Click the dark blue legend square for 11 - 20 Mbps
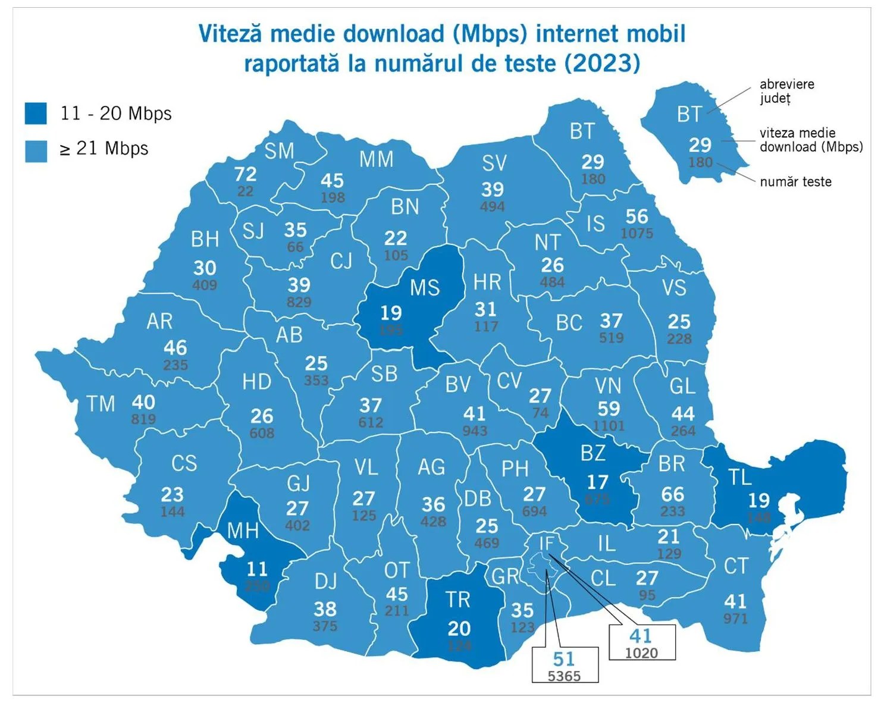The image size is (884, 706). pos(36,113)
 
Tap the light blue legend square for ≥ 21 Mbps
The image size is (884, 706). pos(36,151)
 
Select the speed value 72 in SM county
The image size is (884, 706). pos(245,174)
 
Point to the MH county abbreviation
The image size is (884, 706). pos(243,531)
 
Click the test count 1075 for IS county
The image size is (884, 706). pos(637,234)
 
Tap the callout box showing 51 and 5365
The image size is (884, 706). pos(564,664)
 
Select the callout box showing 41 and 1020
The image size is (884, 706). pos(641,642)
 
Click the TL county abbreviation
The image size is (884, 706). pos(740,477)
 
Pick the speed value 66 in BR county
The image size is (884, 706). pos(672,494)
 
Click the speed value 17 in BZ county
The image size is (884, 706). pos(597,482)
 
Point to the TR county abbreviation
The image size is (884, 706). pos(457,600)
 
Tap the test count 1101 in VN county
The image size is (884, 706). pos(609,426)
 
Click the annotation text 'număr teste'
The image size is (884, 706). pos(795,182)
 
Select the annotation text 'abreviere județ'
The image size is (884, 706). pos(786,91)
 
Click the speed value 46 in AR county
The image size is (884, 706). pos(175,347)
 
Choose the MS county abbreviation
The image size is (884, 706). pos(425,288)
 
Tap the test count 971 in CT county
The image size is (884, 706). pos(735,619)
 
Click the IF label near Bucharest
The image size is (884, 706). pos(546,543)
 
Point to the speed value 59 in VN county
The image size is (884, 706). pos(609,409)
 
